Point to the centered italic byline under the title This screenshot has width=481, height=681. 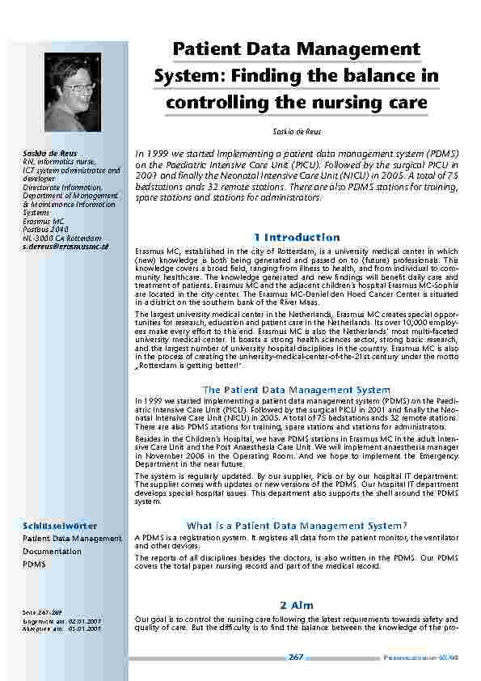pyautogui.click(x=296, y=131)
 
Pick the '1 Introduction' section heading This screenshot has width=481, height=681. pyautogui.click(x=296, y=237)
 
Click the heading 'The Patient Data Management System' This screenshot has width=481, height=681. pyautogui.click(x=296, y=390)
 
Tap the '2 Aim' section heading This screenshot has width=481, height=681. pyautogui.click(x=296, y=605)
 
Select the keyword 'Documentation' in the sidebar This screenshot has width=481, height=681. pyautogui.click(x=52, y=551)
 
